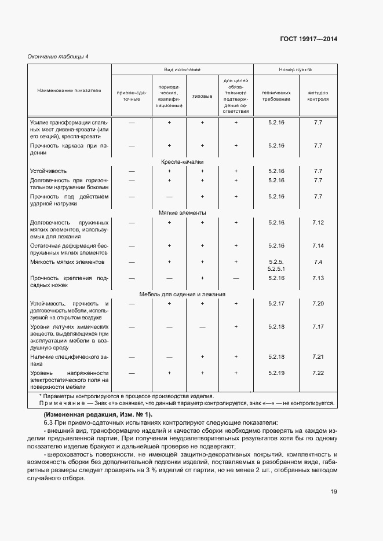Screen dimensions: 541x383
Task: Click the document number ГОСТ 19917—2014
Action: coord(308,39)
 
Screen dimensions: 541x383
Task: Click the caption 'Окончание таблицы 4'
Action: coord(58,56)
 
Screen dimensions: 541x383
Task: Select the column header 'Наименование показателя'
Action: coord(69,91)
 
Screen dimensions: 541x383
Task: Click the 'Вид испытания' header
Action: coord(182,69)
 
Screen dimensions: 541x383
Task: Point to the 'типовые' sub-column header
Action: coord(202,95)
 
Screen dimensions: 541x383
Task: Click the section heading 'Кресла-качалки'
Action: coord(182,163)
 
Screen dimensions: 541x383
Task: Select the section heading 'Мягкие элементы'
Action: coord(182,213)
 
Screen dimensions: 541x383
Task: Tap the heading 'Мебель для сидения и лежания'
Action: coord(182,294)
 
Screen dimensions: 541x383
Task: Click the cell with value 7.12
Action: coord(318,223)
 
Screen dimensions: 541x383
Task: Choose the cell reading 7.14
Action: coord(318,246)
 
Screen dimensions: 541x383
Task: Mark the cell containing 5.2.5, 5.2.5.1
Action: coord(276,266)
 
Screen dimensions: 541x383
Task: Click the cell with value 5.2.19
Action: coord(276,373)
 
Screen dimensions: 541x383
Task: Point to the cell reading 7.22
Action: coord(318,373)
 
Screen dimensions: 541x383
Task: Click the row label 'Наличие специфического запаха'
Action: coord(69,360)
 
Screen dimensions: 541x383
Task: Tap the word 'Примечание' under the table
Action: coord(61,403)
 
